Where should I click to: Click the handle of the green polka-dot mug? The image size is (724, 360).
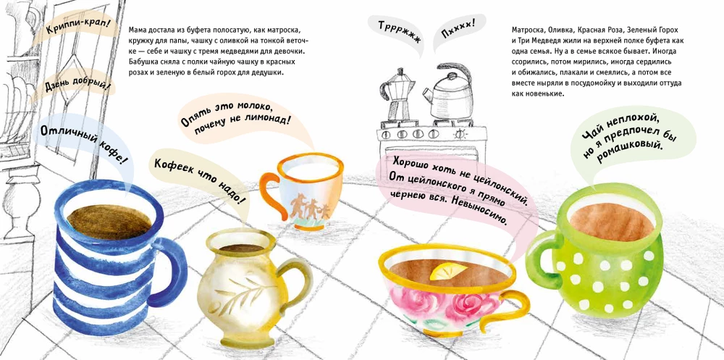tap(541, 259)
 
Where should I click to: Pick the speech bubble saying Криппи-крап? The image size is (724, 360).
tap(80, 28)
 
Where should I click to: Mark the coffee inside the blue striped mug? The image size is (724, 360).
tap(109, 220)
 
